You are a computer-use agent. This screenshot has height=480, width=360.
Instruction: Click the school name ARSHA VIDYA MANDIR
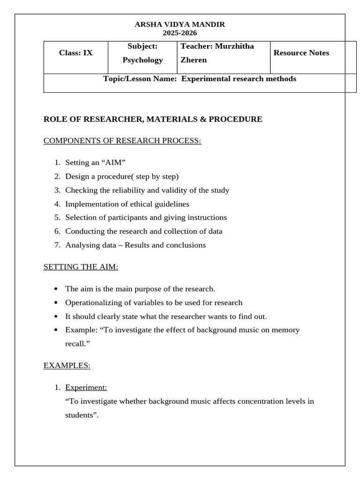180,24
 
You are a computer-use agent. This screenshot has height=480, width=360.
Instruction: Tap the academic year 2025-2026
180,33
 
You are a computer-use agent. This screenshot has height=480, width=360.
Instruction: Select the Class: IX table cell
76,53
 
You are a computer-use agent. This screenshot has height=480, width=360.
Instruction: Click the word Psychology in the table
142,60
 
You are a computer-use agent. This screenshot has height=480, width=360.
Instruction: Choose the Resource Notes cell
301,53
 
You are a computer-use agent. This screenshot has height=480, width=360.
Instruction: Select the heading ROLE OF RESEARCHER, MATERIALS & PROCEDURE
153,119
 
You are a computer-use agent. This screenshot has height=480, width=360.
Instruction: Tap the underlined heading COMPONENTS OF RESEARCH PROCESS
122,141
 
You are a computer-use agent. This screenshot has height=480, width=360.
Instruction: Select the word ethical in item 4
138,204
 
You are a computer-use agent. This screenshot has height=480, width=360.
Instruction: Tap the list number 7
57,245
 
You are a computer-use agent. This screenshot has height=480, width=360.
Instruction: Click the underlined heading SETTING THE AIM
81,267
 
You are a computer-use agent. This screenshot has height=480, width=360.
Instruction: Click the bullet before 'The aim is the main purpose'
57,289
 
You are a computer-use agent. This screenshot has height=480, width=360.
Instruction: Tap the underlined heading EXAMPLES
67,366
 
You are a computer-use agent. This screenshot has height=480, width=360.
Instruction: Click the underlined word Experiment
86,388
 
